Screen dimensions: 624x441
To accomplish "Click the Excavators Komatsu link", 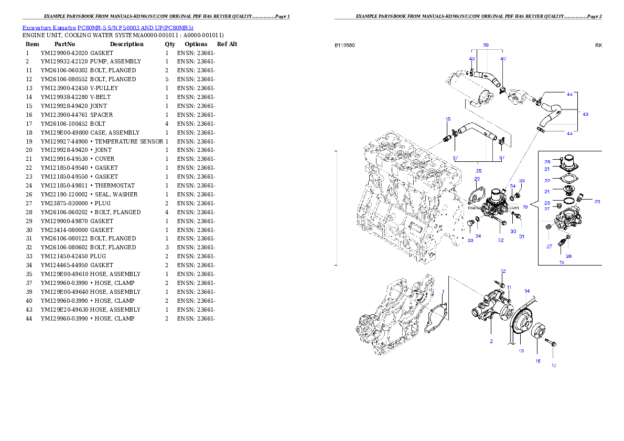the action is pos(49,28).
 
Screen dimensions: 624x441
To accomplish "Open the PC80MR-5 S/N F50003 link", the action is pos(135,28).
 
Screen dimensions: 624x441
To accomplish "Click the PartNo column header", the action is pos(64,44).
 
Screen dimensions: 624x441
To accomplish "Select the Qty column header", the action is pos(170,44).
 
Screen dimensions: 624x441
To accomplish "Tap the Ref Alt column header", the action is pos(227,44).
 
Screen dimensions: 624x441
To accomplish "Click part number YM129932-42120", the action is pos(64,62).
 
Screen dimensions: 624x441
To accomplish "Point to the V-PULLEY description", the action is pos(104,89).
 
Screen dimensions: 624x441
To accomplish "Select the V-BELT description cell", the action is pos(100,97).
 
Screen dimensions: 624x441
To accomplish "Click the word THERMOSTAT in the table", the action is pos(115,186).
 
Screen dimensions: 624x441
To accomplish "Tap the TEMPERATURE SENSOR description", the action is pos(129,141).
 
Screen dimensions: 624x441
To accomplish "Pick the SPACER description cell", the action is pos(102,115).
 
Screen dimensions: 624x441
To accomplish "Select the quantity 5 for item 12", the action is pos(167,80).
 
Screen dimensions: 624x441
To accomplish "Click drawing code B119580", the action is pos(345,46).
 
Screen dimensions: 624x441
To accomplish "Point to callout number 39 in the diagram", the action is pos(486,46).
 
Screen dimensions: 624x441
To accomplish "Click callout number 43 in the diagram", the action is pos(585,114).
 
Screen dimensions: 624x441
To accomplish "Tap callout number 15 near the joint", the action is pos(448,119).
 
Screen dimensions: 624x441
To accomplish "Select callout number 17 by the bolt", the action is pos(554,366).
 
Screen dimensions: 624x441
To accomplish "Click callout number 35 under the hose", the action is pos(479,171).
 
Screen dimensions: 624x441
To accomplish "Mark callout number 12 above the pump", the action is pos(503,271).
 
